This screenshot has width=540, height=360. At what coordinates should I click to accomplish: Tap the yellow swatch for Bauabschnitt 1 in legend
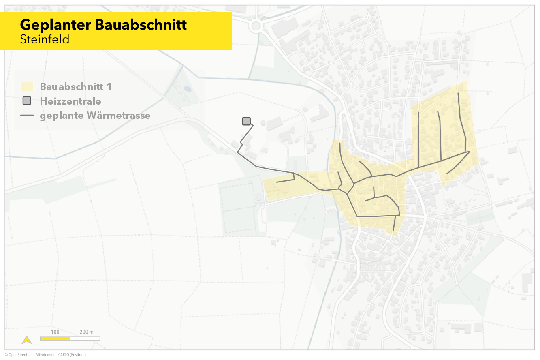coord(27,86)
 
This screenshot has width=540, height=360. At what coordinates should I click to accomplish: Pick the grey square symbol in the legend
coord(27,101)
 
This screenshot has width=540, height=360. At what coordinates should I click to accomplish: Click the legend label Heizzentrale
coord(70,101)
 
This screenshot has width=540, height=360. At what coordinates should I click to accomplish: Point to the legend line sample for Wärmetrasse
coord(27,116)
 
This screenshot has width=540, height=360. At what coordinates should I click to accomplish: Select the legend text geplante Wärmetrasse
coord(95,116)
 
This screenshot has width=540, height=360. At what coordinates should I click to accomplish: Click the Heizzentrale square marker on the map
coord(246,121)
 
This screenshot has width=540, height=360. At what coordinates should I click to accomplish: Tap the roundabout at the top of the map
coord(256,26)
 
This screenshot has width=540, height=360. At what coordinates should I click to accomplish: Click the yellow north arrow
coord(27,340)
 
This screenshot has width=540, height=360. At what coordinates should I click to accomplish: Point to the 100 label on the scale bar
coord(55,332)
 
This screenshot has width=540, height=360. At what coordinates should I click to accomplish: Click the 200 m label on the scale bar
coord(86,332)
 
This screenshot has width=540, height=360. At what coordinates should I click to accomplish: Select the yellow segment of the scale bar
coord(55,338)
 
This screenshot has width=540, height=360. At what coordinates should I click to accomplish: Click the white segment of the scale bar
coord(85,338)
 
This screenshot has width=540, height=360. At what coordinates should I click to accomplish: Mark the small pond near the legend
coord(187,88)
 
